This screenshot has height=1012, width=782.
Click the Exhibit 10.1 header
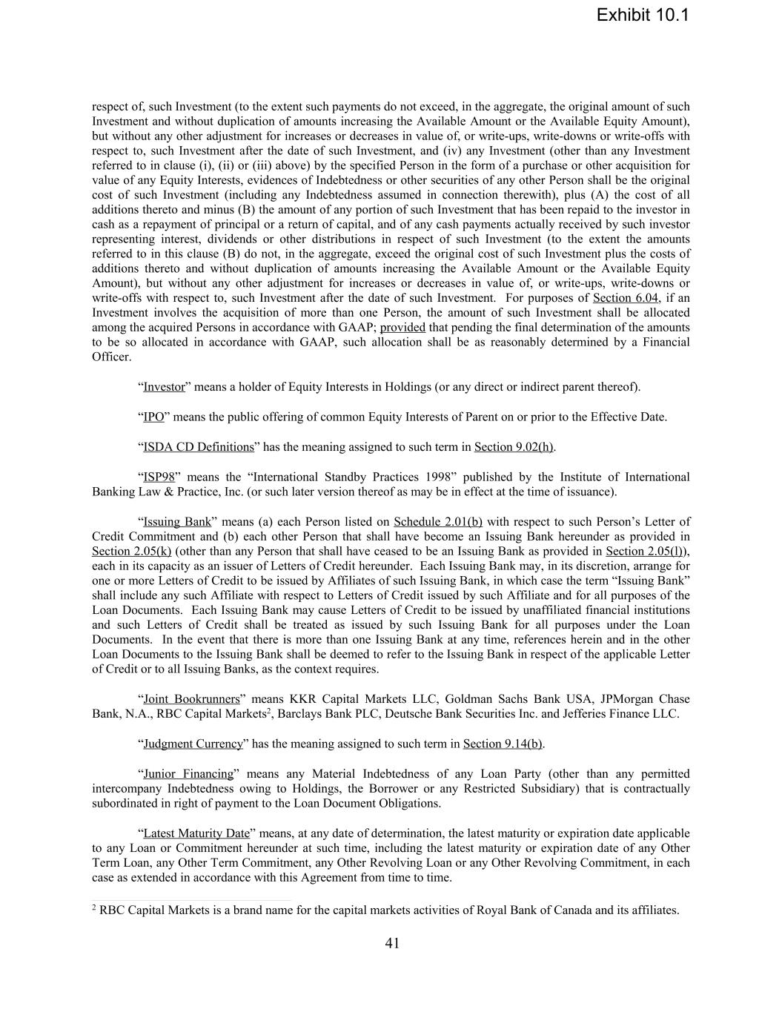[x=642, y=16]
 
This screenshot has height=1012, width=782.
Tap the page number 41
[x=392, y=943]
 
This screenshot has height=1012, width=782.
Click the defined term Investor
[x=164, y=387]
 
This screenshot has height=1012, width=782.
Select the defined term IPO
[x=153, y=417]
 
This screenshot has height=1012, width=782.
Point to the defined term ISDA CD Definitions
[x=198, y=447]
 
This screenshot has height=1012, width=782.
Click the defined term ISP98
[x=159, y=477]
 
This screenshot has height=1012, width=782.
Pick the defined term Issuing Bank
[x=177, y=522]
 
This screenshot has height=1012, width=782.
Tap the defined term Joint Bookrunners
[x=191, y=699]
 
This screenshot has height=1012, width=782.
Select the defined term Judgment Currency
[x=193, y=744]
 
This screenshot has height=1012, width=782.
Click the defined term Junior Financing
[x=188, y=774]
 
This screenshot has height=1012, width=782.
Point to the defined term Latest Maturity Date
[x=196, y=833]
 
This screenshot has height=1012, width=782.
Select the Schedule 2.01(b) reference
[x=437, y=522]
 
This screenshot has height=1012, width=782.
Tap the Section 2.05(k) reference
[x=131, y=551]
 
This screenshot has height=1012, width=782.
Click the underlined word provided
[x=402, y=328]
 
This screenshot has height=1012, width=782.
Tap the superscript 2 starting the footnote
[x=94, y=907]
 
